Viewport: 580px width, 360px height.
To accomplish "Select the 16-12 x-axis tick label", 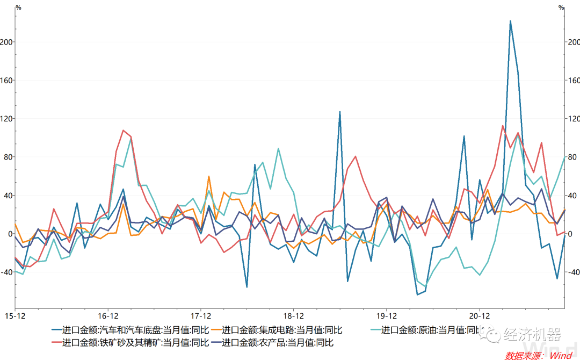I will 108,315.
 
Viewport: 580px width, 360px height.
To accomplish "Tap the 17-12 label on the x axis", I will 200,315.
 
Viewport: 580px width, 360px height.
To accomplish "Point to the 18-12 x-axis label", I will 293,315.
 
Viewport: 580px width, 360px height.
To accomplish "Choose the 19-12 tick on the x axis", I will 387,315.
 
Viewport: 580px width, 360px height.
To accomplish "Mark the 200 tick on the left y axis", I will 8,42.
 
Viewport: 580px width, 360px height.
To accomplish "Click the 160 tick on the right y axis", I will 573,81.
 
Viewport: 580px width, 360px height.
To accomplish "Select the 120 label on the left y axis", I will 8,119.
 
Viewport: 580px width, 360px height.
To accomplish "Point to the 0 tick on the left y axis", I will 10,234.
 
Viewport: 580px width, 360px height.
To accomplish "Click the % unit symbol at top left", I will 18,8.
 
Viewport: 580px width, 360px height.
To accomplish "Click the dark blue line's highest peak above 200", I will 510,21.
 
